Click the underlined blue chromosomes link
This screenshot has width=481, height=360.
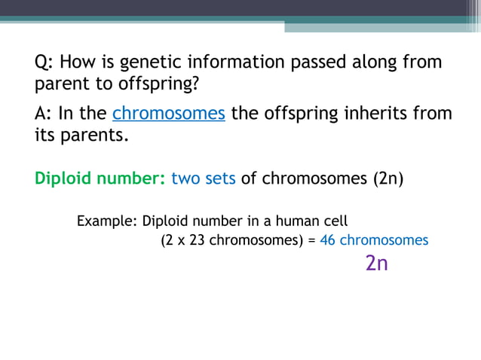pyautogui.click(x=169, y=114)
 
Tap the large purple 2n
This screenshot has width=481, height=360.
pyautogui.click(x=376, y=264)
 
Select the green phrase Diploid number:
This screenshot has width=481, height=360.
pyautogui.click(x=100, y=179)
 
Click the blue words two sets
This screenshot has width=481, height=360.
pyautogui.click(x=204, y=179)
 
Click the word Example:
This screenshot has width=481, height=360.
pyautogui.click(x=106, y=221)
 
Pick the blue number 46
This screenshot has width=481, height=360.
pyautogui.click(x=327, y=240)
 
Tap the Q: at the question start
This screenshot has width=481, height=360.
pyautogui.click(x=44, y=63)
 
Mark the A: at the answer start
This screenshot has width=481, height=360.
pyautogui.click(x=44, y=114)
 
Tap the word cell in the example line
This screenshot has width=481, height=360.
pyautogui.click(x=335, y=221)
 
